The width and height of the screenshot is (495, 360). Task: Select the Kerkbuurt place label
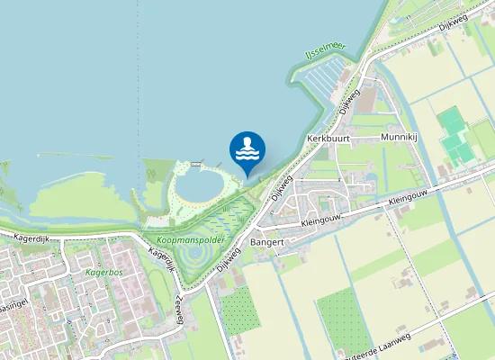(328, 139)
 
